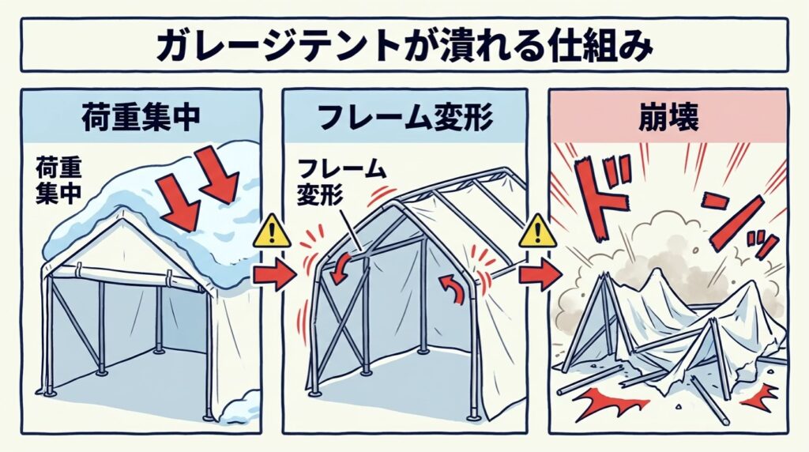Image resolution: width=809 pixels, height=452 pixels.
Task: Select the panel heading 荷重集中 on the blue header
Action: point(141,117)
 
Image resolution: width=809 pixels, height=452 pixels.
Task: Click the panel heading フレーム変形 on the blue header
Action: point(405,117)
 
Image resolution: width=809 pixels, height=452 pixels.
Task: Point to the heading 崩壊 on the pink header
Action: point(668,117)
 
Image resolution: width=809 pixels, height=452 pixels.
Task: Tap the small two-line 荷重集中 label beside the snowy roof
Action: point(58,182)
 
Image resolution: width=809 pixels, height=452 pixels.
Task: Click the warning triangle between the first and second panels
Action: point(272,232)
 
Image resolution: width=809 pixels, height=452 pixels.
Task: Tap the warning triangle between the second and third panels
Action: point(537,232)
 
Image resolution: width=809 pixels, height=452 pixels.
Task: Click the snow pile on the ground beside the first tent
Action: point(243,405)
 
